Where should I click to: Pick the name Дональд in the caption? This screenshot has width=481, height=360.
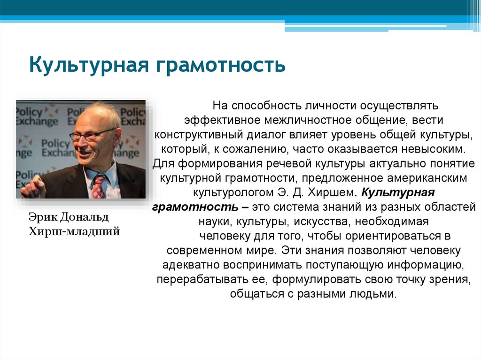click(86, 217)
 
